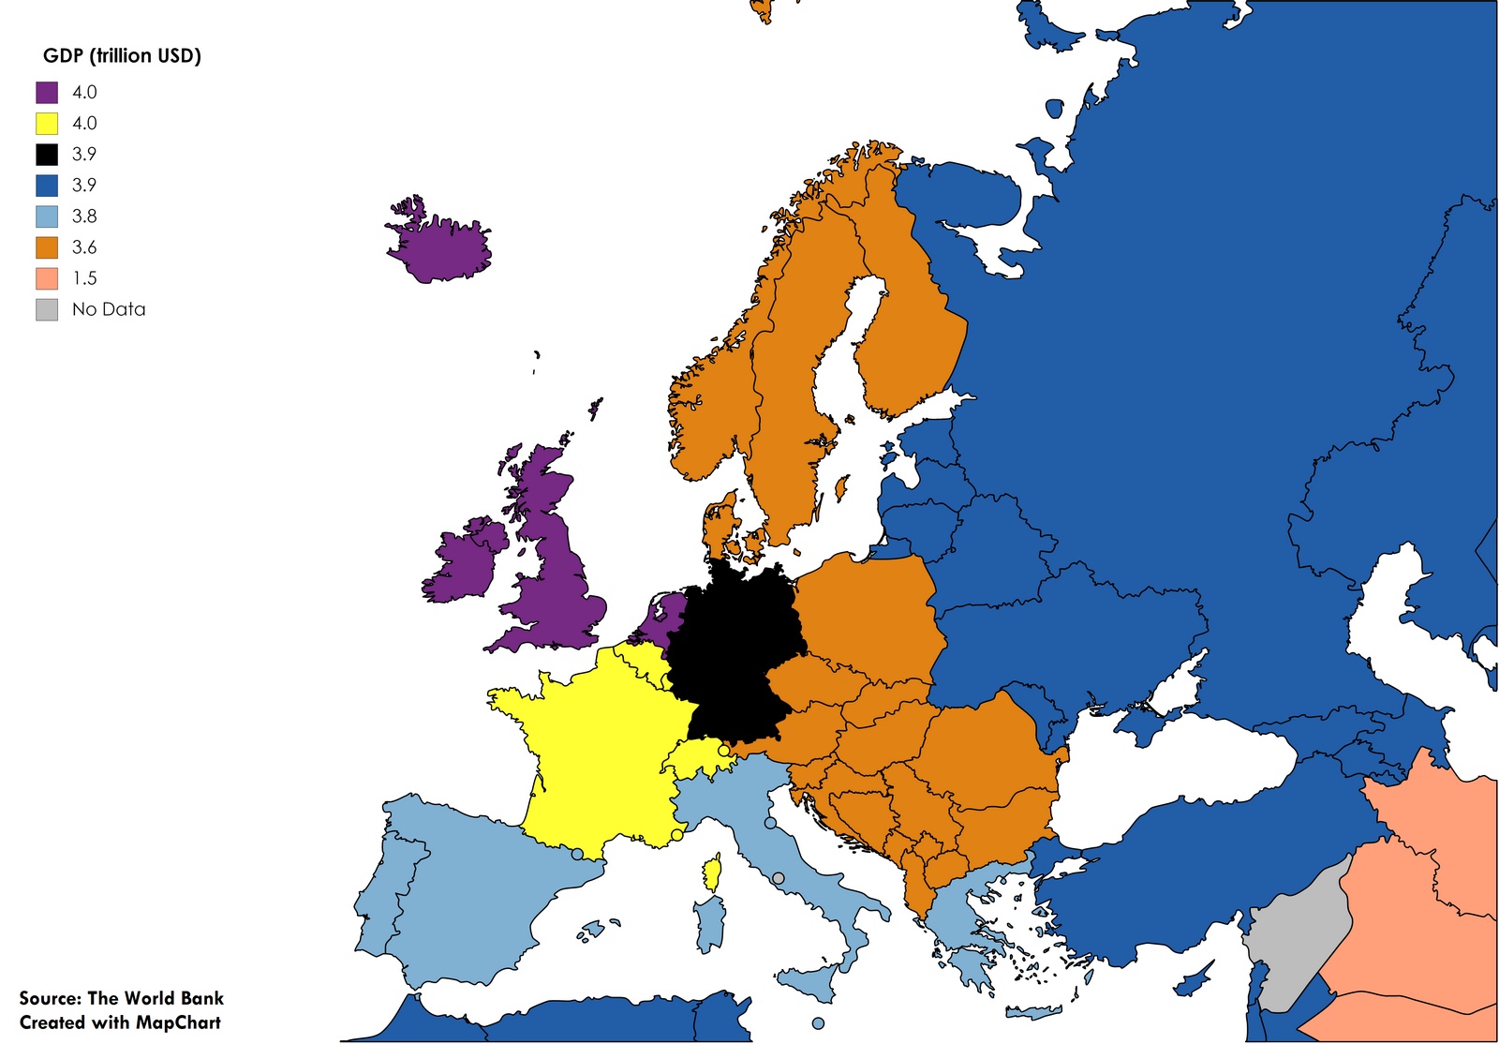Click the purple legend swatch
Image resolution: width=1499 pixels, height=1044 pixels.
click(x=47, y=92)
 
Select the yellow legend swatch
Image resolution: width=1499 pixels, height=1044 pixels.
click(x=47, y=123)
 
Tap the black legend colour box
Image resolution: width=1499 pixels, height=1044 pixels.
click(x=47, y=154)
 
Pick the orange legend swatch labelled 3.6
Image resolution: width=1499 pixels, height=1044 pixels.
click(x=47, y=247)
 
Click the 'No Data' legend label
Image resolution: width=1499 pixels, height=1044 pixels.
click(x=109, y=309)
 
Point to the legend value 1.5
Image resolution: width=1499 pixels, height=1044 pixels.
click(x=84, y=278)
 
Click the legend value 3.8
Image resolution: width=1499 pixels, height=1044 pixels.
click(x=84, y=216)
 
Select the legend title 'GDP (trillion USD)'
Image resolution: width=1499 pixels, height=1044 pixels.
click(x=122, y=55)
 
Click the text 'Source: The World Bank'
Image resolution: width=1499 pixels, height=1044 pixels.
click(x=121, y=998)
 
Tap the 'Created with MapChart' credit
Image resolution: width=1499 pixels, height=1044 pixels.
click(x=120, y=1022)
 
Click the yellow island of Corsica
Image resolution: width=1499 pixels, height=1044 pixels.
click(x=714, y=875)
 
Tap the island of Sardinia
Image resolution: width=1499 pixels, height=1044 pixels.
click(x=710, y=922)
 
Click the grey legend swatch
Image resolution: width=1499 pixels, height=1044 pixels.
click(x=47, y=309)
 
